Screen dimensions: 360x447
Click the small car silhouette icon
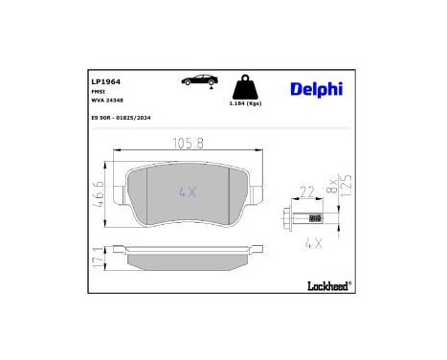198,83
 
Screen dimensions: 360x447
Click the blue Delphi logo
317,89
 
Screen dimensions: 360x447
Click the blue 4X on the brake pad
190,192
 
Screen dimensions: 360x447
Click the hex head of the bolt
290,216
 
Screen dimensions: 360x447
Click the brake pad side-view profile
190,259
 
